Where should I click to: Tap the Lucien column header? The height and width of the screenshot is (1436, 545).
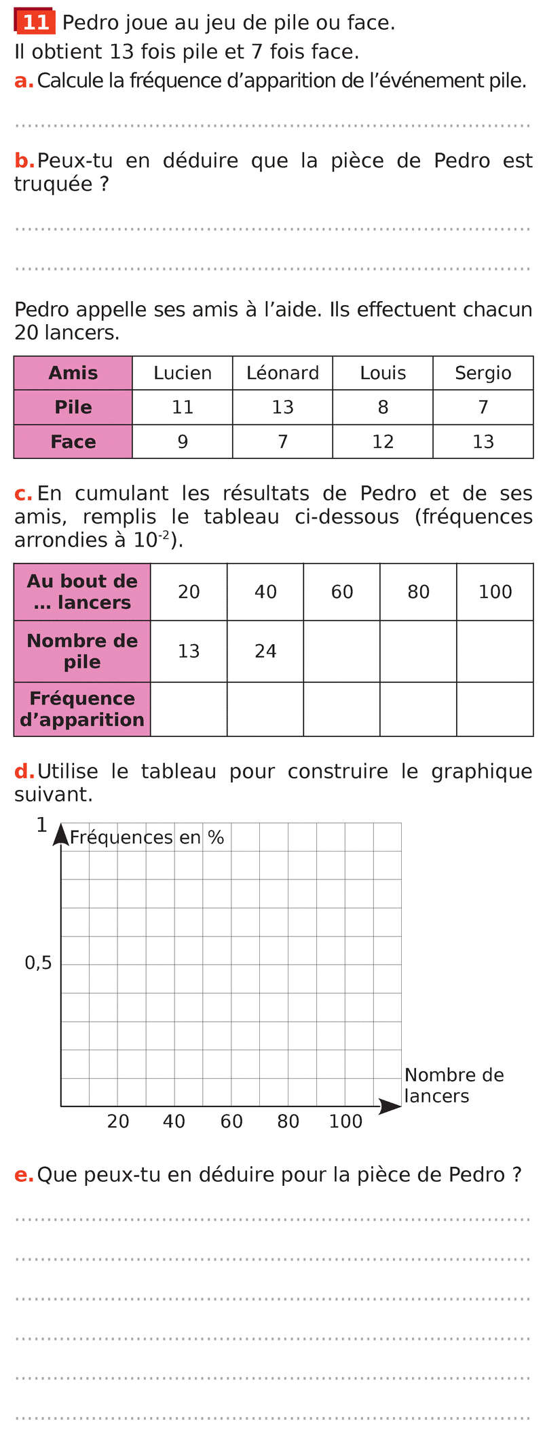182,373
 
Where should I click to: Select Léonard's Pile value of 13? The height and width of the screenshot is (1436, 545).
282,407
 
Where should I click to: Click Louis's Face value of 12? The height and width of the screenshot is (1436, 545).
383,442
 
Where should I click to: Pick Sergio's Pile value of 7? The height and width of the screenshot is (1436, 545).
483,407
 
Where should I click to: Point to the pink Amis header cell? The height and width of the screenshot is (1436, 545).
73,373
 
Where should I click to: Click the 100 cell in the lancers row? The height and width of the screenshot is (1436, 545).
495,592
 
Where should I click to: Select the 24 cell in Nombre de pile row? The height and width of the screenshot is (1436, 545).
265,651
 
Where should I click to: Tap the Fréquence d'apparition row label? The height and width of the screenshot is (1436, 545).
82,709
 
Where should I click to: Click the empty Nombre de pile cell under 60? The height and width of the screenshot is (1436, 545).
341,651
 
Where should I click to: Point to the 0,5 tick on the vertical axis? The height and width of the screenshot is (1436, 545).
38,963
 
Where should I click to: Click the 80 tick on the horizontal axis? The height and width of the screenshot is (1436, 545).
288,1121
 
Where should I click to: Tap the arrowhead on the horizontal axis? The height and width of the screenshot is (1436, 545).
390,1106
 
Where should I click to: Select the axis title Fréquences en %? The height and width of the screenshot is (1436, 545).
147,837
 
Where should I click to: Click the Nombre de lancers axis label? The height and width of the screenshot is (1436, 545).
453,1085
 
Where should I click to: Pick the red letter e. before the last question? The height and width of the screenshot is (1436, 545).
23,1175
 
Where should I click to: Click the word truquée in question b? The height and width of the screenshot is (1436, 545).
54,184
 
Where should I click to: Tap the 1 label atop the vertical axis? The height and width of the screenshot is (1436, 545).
42,825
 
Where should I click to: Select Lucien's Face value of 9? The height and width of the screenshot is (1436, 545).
182,442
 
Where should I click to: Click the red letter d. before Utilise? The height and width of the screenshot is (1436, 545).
23,772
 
